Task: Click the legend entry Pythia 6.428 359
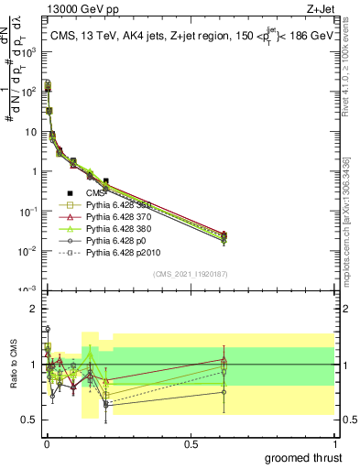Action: pyautogui.click(x=119, y=205)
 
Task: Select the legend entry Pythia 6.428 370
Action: pyautogui.click(x=119, y=217)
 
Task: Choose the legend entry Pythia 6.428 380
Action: pyautogui.click(x=119, y=229)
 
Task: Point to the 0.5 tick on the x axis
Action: pyautogui.click(x=191, y=443)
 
